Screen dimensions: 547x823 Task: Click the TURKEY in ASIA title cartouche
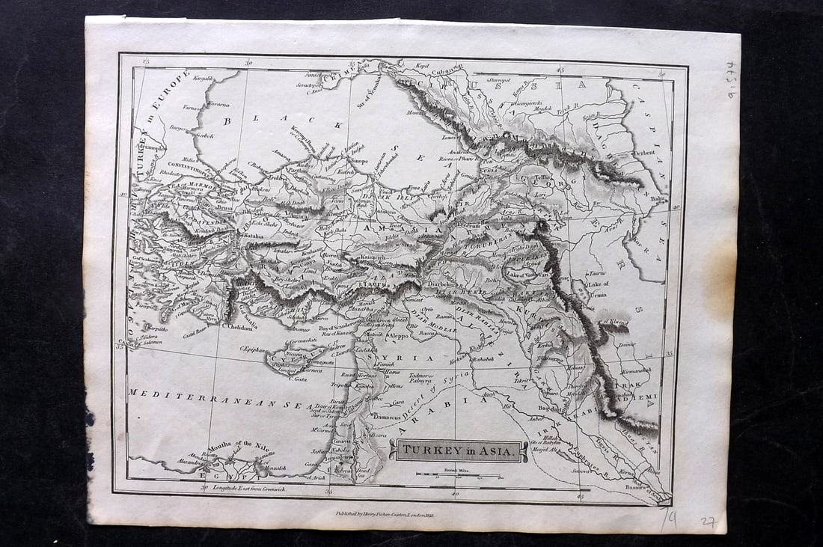(x=458, y=450)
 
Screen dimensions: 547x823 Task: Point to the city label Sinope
(x=358, y=160)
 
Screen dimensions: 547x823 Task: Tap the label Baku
(x=658, y=199)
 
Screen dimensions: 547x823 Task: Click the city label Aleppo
(x=397, y=337)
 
